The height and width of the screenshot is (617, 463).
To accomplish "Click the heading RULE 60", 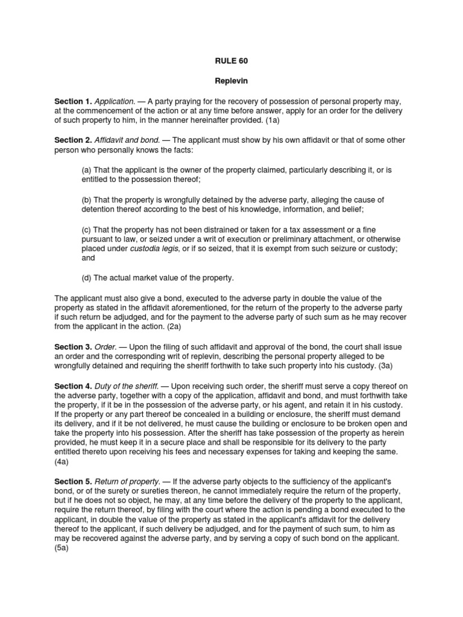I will pyautogui.click(x=231, y=61).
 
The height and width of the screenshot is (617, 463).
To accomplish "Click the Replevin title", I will pyautogui.click(x=231, y=80).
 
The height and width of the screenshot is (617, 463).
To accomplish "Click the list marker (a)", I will pyautogui.click(x=87, y=171).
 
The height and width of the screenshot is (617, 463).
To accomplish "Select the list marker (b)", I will pyautogui.click(x=87, y=199).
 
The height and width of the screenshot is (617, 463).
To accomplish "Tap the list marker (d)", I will pyautogui.click(x=87, y=278).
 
